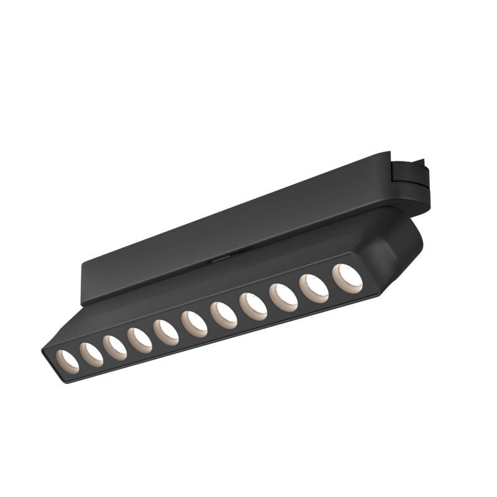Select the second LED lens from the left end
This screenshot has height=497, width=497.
pos(91,354)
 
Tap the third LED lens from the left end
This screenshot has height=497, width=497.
pos(115,347)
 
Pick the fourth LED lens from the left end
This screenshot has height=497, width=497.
pos(140,340)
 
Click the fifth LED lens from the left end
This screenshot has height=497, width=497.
pos(166,332)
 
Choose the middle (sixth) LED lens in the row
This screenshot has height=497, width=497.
pos(194,324)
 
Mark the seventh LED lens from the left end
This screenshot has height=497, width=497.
pos(223,314)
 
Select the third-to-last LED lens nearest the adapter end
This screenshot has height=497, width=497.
pos(283,296)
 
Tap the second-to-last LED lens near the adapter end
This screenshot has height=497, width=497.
pos(314,287)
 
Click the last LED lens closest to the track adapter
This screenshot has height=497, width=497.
pos(347,278)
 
